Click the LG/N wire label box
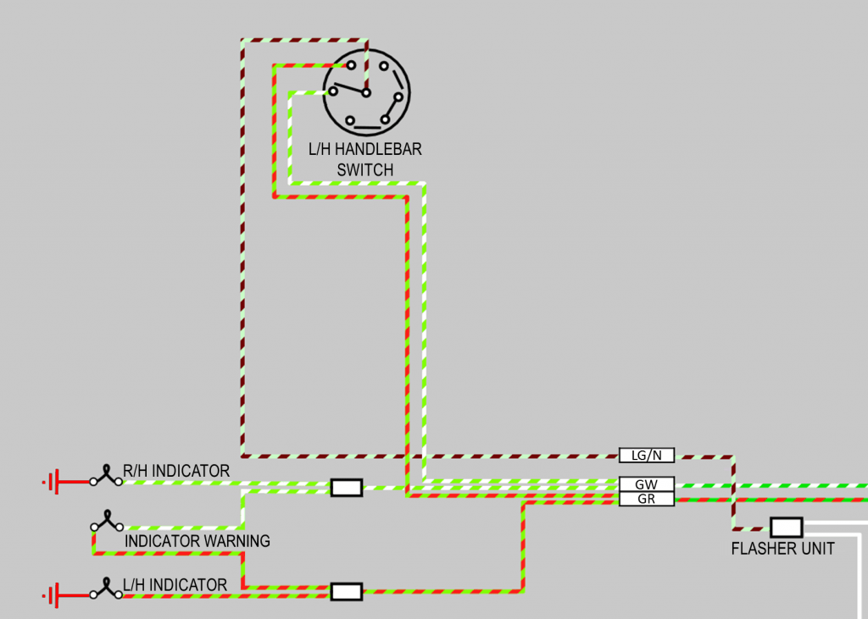pos(646,456)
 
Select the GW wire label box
pos(646,484)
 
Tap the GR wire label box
pos(646,499)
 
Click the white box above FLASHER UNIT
pos(786,528)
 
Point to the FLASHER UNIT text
pos(782,549)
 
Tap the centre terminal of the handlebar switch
pos(366,92)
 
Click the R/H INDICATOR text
pos(176,471)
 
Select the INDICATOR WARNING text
pos(197,540)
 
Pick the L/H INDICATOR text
pos(175,585)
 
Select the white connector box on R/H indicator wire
pos(346,488)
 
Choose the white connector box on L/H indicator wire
pos(346,591)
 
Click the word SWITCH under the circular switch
pos(364,170)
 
